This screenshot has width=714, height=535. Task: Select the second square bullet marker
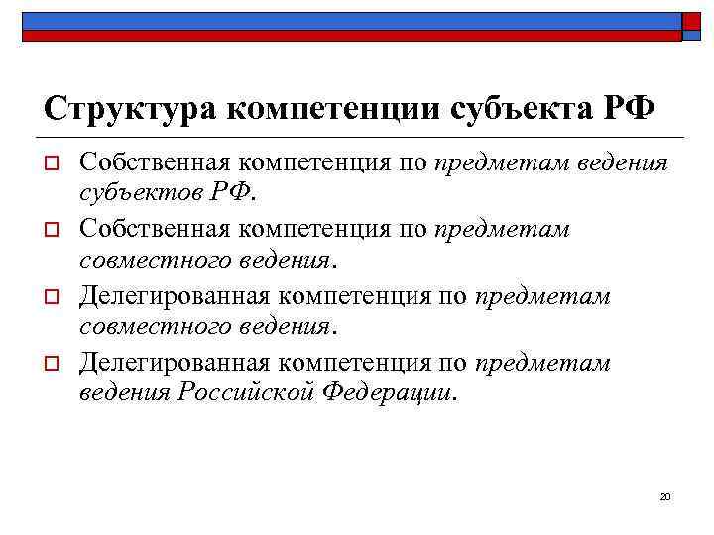pos(54,230)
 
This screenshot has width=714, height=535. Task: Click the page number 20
pos(665,495)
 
